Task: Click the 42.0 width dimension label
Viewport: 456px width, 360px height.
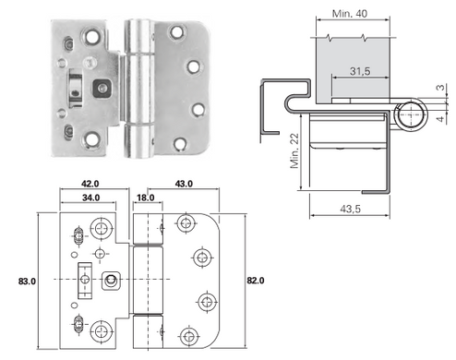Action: coord(90,184)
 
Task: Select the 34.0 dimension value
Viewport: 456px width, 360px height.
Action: coord(90,198)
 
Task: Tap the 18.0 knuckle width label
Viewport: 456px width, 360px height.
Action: coord(146,198)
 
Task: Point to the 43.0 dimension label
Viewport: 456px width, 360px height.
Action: coord(184,184)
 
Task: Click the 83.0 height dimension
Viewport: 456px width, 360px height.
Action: coord(27,282)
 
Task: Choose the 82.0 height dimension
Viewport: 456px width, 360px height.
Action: coord(256,281)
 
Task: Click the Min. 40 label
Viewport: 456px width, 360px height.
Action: coord(350,14)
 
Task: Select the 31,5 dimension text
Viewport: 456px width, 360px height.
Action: coord(360,71)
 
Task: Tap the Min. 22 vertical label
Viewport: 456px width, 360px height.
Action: coord(294,150)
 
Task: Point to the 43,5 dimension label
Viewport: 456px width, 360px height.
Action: coord(350,209)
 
